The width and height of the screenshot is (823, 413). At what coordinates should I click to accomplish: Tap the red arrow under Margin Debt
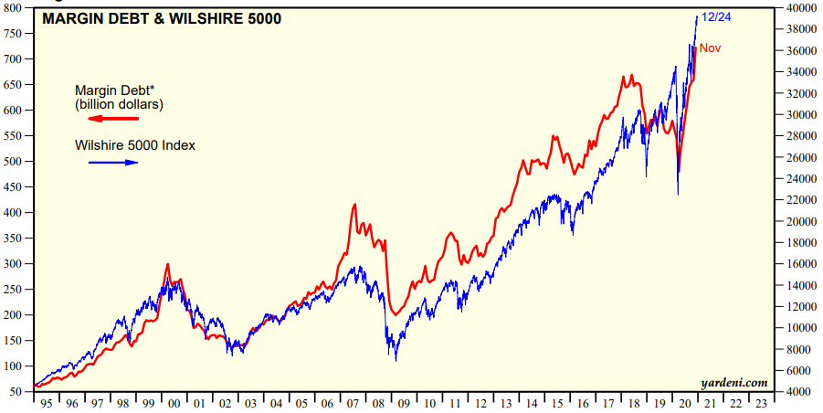click(x=113, y=119)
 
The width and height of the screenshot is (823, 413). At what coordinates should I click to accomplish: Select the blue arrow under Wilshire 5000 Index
click(x=113, y=163)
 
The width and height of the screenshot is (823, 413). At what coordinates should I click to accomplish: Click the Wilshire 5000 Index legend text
click(x=135, y=144)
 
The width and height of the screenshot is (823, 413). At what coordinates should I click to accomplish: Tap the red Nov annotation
click(x=710, y=48)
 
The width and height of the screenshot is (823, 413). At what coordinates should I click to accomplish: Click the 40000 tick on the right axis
click(x=796, y=7)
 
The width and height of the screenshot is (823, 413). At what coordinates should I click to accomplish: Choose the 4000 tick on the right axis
click(x=793, y=391)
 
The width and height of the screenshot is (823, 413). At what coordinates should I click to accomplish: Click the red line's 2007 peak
click(x=354, y=205)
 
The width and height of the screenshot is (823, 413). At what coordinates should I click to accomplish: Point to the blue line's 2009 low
click(x=396, y=360)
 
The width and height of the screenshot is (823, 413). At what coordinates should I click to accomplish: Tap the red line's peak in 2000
click(x=167, y=264)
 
